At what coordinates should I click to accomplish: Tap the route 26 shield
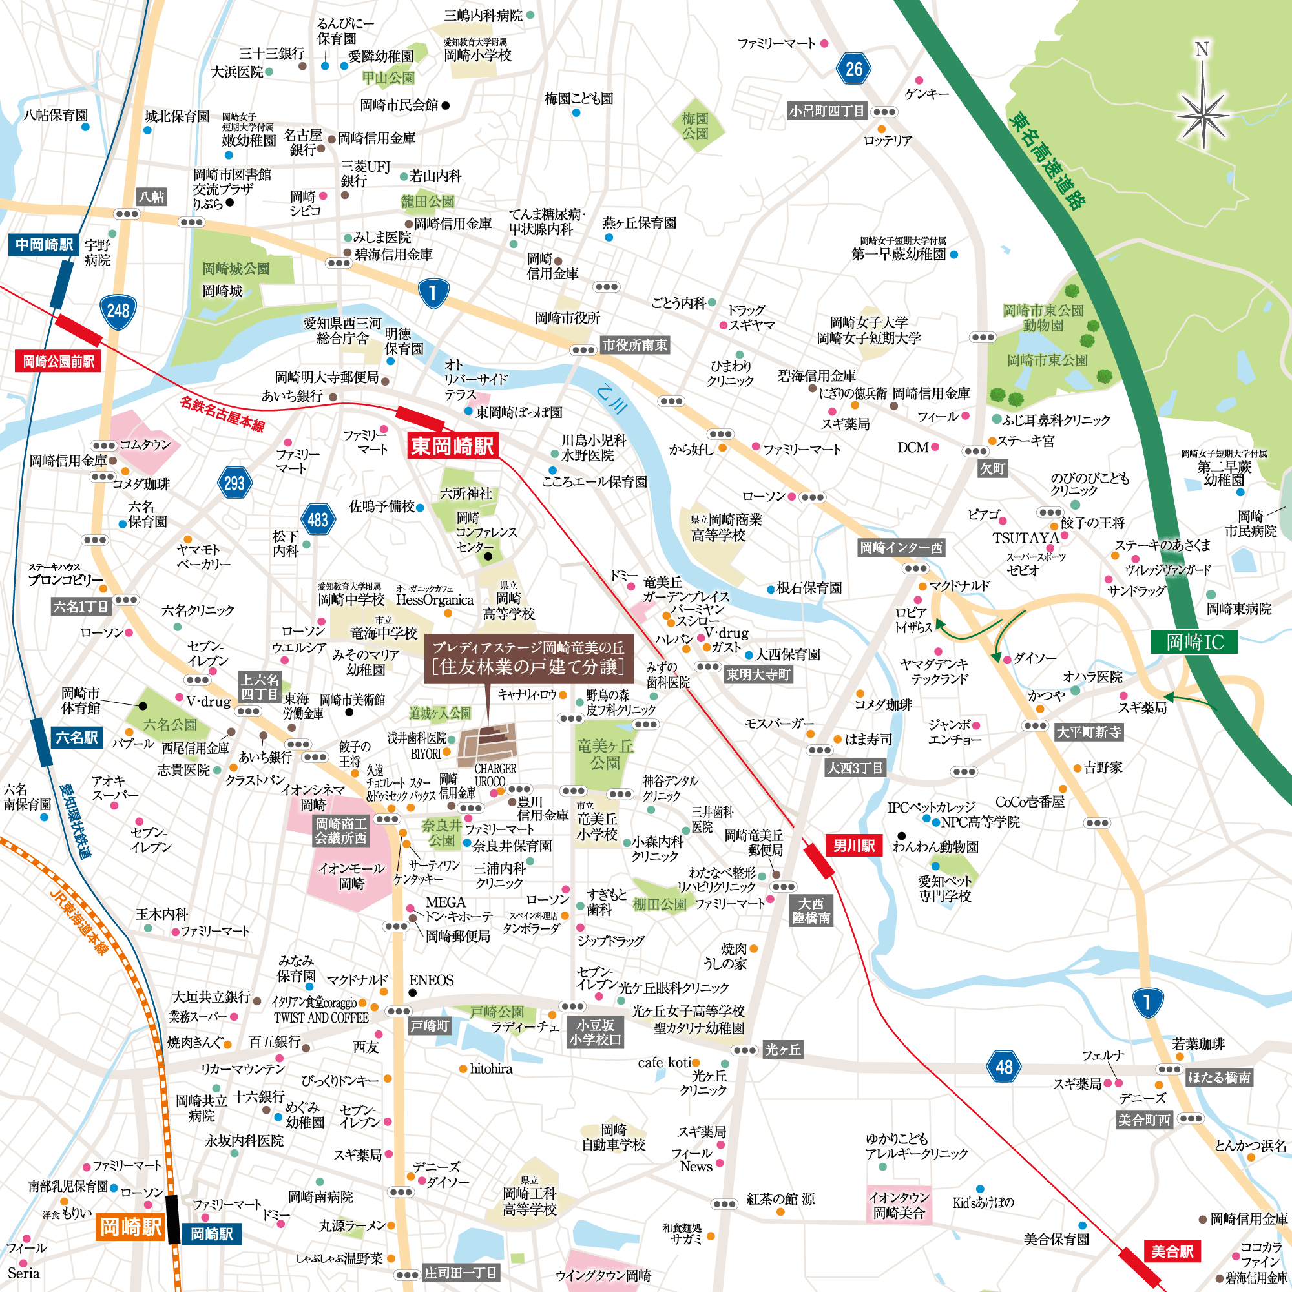click(853, 68)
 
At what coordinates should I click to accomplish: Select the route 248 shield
click(118, 310)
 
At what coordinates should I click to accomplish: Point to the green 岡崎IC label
click(1194, 643)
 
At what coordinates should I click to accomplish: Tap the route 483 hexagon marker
click(318, 519)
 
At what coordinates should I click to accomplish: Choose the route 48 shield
click(1004, 1067)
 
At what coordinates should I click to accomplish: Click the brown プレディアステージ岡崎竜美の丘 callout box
click(528, 658)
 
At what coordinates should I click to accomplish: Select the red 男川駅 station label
click(854, 845)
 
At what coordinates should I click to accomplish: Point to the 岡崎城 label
click(223, 291)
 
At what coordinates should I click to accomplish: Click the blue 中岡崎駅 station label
click(44, 245)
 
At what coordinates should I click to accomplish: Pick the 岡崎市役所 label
click(567, 318)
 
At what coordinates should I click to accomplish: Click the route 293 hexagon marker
click(234, 483)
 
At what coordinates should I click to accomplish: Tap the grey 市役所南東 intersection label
click(635, 346)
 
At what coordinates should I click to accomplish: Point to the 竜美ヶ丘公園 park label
click(605, 755)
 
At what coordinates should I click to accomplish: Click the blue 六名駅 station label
click(77, 738)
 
